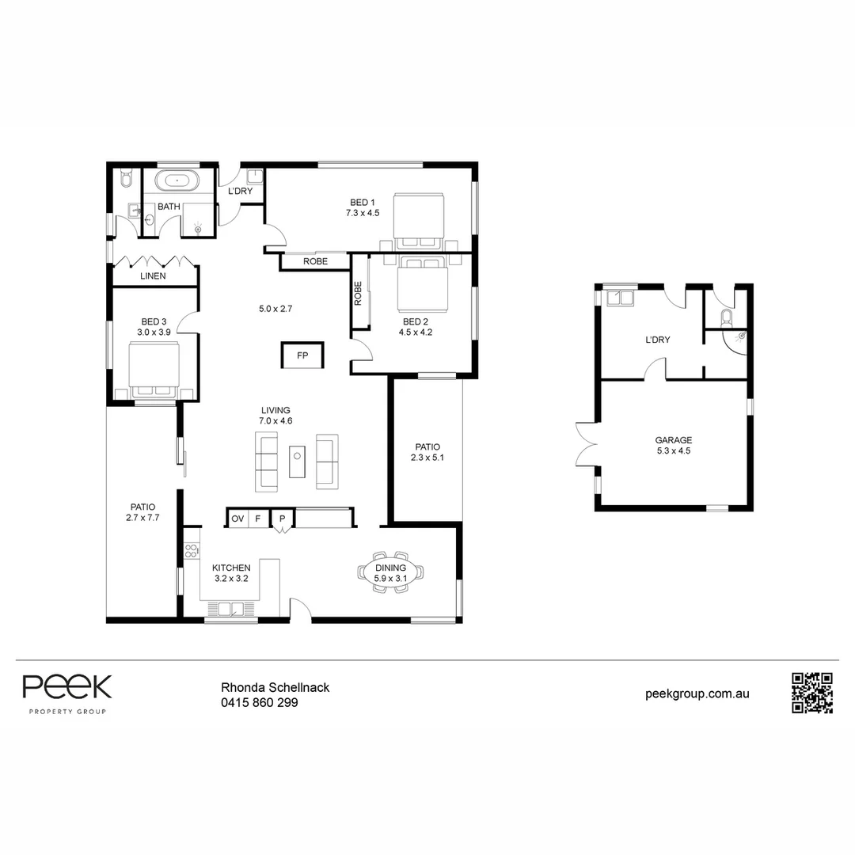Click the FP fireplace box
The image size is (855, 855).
pyautogui.click(x=302, y=355)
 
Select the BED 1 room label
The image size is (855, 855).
pyautogui.click(x=363, y=207)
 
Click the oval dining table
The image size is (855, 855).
pyautogui.click(x=389, y=572)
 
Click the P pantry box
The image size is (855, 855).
pyautogui.click(x=282, y=519)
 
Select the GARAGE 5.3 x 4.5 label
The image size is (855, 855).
pyautogui.click(x=673, y=446)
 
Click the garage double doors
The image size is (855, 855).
pyautogui.click(x=586, y=442)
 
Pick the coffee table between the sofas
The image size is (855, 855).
pyautogui.click(x=298, y=461)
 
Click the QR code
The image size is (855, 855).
pyautogui.click(x=812, y=693)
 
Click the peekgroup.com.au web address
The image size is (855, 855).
pyautogui.click(x=697, y=693)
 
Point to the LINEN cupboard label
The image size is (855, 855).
pyautogui.click(x=153, y=276)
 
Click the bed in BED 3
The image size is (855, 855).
pyautogui.click(x=155, y=370)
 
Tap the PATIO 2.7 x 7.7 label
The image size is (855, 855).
pyautogui.click(x=142, y=512)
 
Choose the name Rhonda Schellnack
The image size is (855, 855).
pyautogui.click(x=274, y=687)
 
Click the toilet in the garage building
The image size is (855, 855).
pyautogui.click(x=727, y=317)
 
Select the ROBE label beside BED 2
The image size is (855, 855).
pyautogui.click(x=359, y=294)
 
